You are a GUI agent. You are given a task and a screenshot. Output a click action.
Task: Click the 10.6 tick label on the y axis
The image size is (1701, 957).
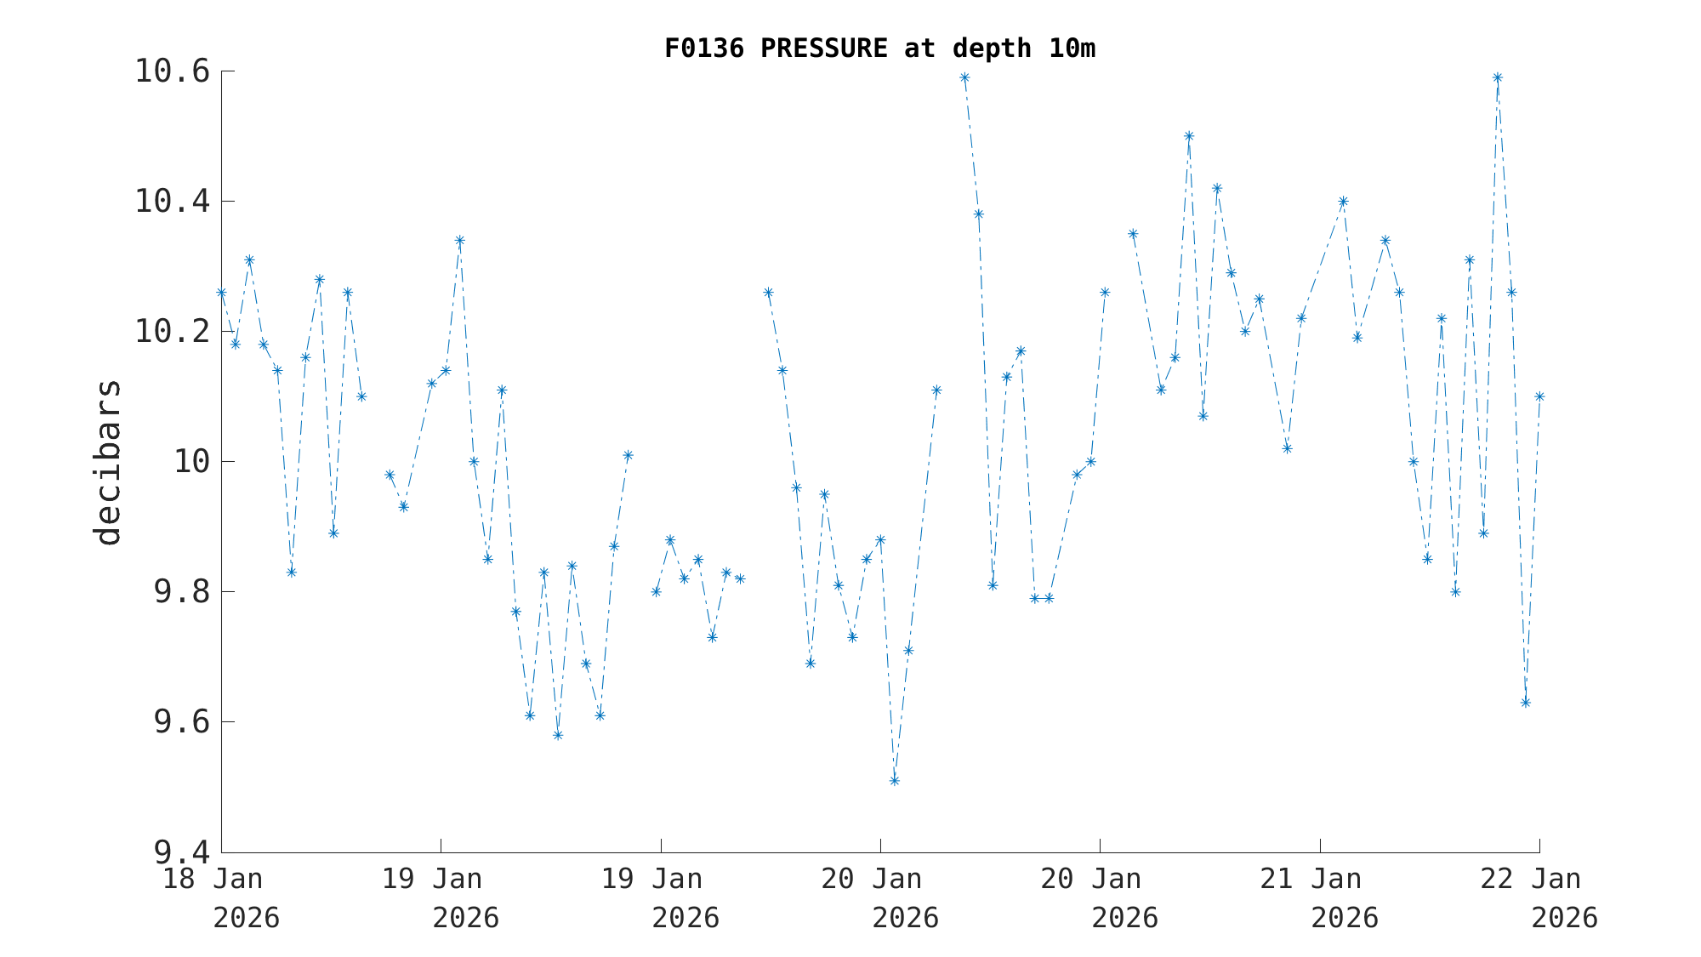pos(172,71)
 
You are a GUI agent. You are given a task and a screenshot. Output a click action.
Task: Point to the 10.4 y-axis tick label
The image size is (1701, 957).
pos(172,202)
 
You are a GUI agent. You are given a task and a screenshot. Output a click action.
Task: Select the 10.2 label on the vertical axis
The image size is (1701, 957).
pos(172,332)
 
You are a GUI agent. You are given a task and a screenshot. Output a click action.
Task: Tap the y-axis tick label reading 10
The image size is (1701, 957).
pos(191,462)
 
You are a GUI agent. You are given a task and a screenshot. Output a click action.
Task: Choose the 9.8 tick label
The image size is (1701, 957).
pos(181,592)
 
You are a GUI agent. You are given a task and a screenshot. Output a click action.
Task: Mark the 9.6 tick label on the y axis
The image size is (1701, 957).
pos(181,722)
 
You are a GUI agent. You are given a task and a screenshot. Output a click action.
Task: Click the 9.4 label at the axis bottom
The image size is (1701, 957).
pos(181,852)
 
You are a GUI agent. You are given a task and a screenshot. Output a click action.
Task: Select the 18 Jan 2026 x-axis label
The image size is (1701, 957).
pos(221,897)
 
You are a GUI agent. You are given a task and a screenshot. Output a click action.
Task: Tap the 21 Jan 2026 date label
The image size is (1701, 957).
pos(1319,897)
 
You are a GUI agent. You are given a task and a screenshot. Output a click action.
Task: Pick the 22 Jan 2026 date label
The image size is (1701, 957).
pos(1539,897)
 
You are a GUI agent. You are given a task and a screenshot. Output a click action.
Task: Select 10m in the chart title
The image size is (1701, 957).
pos(1072,48)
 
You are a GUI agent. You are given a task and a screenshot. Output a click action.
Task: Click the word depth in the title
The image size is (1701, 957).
pos(992,48)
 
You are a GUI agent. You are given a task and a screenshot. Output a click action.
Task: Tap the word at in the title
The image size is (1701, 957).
pos(919,48)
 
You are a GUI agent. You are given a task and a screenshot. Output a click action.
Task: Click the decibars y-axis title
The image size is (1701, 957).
pos(108,462)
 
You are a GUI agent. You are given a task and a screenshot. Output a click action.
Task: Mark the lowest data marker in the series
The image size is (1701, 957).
pos(894,781)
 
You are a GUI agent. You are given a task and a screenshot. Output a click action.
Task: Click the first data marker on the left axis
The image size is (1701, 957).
pos(221,293)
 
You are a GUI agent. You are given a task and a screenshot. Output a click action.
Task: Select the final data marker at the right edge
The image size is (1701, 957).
pos(1539,396)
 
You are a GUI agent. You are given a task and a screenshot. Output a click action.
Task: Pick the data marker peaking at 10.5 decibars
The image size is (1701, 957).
pos(1189,136)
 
